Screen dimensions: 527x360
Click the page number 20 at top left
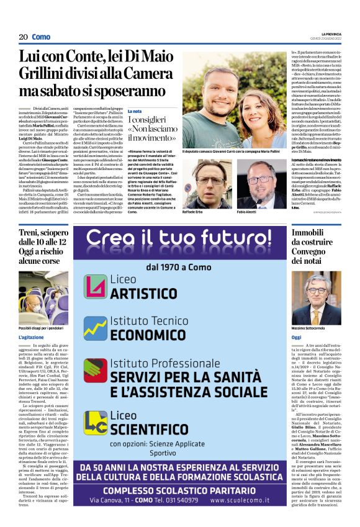coord(23,37)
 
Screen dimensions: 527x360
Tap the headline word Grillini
coord(47,76)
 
